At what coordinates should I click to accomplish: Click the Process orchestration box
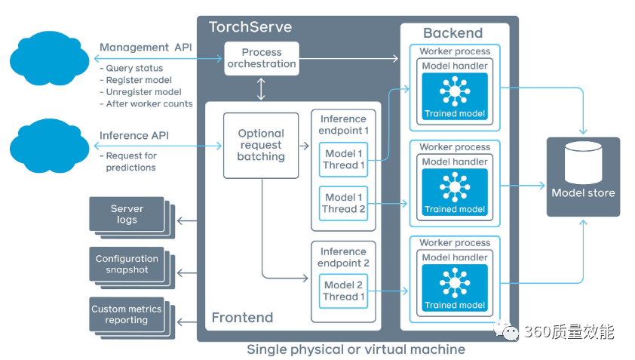261,58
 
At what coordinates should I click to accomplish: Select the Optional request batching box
261,145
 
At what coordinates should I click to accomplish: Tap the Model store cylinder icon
583,162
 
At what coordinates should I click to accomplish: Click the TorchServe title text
251,28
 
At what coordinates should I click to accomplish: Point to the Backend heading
452,33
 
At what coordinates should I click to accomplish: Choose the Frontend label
242,318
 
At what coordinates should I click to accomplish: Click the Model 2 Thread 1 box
344,291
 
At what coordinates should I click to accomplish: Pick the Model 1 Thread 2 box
344,203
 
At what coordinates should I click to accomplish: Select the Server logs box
127,214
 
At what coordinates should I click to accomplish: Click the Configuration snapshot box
127,264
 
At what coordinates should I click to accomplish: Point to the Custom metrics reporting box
127,315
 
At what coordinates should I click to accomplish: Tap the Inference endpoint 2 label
343,257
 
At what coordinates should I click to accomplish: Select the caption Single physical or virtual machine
356,349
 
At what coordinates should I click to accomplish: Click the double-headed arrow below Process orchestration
261,88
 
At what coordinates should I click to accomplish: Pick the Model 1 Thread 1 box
344,159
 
